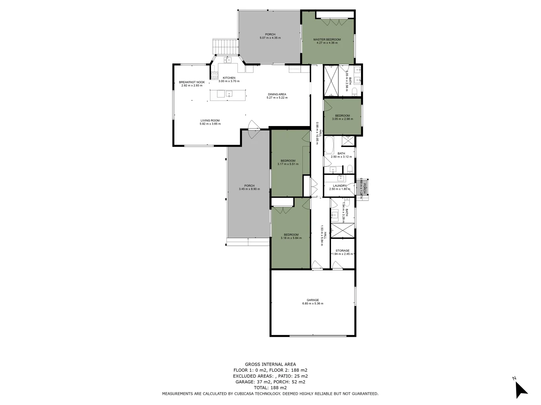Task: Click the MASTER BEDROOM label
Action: tap(327, 39)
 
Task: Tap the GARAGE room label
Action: tap(313, 300)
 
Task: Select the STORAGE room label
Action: tap(342, 250)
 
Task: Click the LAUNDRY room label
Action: tap(340, 186)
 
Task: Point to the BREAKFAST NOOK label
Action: tap(192, 82)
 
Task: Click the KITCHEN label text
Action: tap(229, 78)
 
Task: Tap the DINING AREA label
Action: tap(277, 94)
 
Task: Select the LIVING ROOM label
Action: tap(210, 121)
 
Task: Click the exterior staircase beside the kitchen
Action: tap(226, 46)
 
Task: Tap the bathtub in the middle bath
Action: tap(329, 145)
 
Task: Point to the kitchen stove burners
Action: tap(215, 75)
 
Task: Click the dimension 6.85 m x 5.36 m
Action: tap(313, 304)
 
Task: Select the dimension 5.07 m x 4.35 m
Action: tap(270, 38)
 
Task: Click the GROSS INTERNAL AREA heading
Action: tap(270, 364)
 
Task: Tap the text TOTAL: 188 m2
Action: tap(270, 388)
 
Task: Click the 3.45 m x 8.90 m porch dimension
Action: tap(249, 189)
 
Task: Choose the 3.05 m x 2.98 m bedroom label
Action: tap(342, 119)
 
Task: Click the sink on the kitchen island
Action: tap(229, 94)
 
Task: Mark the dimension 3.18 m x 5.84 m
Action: tap(291, 238)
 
